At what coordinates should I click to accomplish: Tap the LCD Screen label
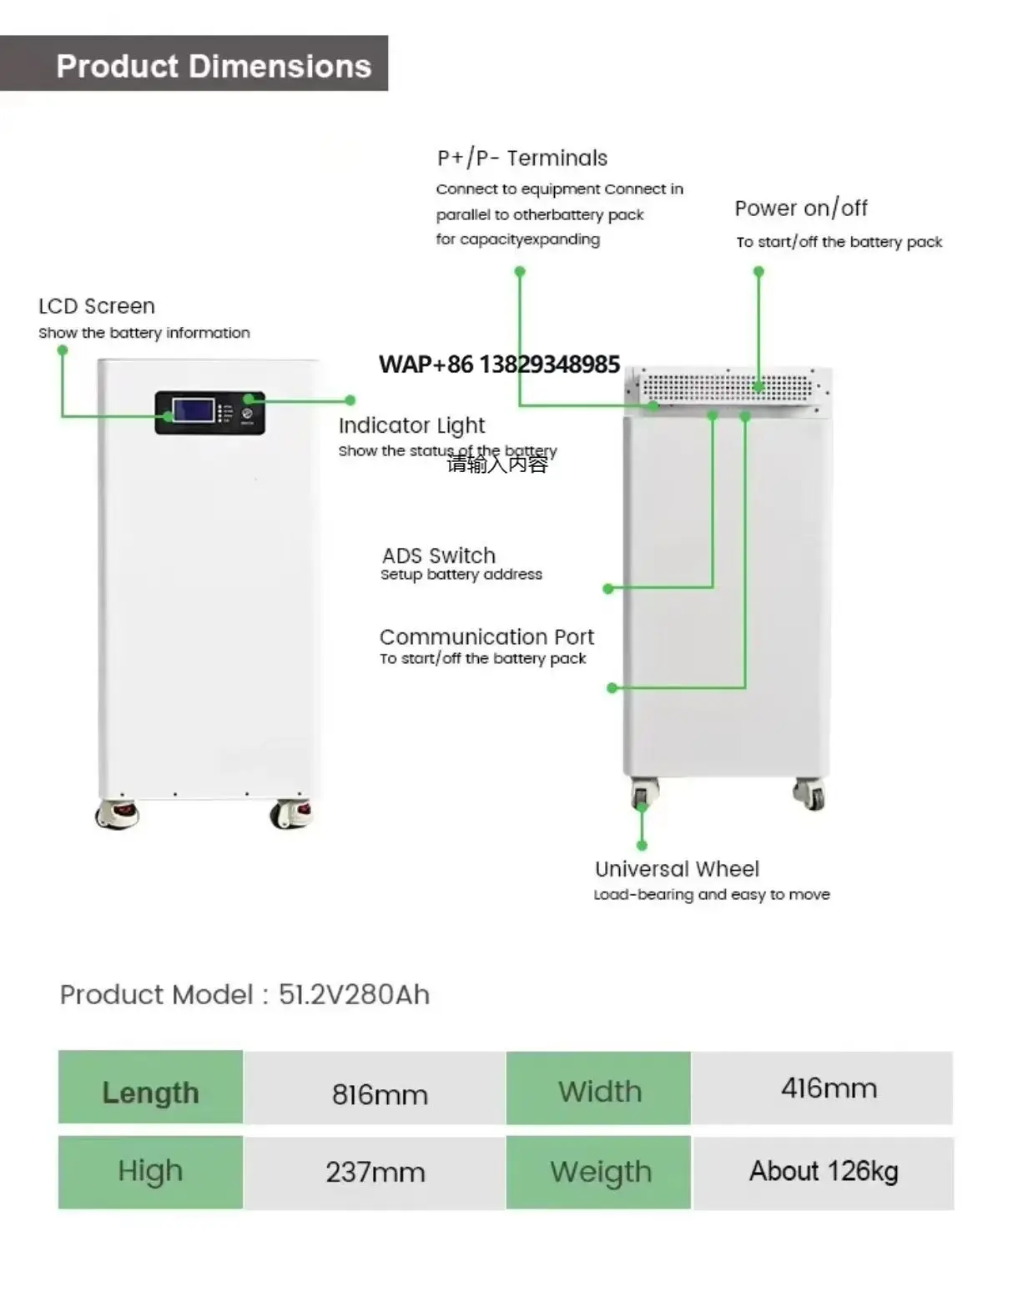97,306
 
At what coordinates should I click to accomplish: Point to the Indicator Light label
411,425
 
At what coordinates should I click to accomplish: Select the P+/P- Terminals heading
522,158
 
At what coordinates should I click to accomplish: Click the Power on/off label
800,208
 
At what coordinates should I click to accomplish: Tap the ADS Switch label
439,555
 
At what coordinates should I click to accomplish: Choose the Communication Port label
486,636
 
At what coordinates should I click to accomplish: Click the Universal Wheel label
677,868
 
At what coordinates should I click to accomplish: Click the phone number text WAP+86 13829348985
499,364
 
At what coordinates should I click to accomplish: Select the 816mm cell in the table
380,1093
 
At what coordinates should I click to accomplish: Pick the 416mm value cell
829,1088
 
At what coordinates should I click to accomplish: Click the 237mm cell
375,1172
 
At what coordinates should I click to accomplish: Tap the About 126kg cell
824,1171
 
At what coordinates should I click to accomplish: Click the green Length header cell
150,1092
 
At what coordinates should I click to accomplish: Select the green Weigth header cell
600,1172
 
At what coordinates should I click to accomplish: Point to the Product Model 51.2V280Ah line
244,994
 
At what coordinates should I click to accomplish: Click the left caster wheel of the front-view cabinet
117,813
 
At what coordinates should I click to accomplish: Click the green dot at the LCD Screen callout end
62,350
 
